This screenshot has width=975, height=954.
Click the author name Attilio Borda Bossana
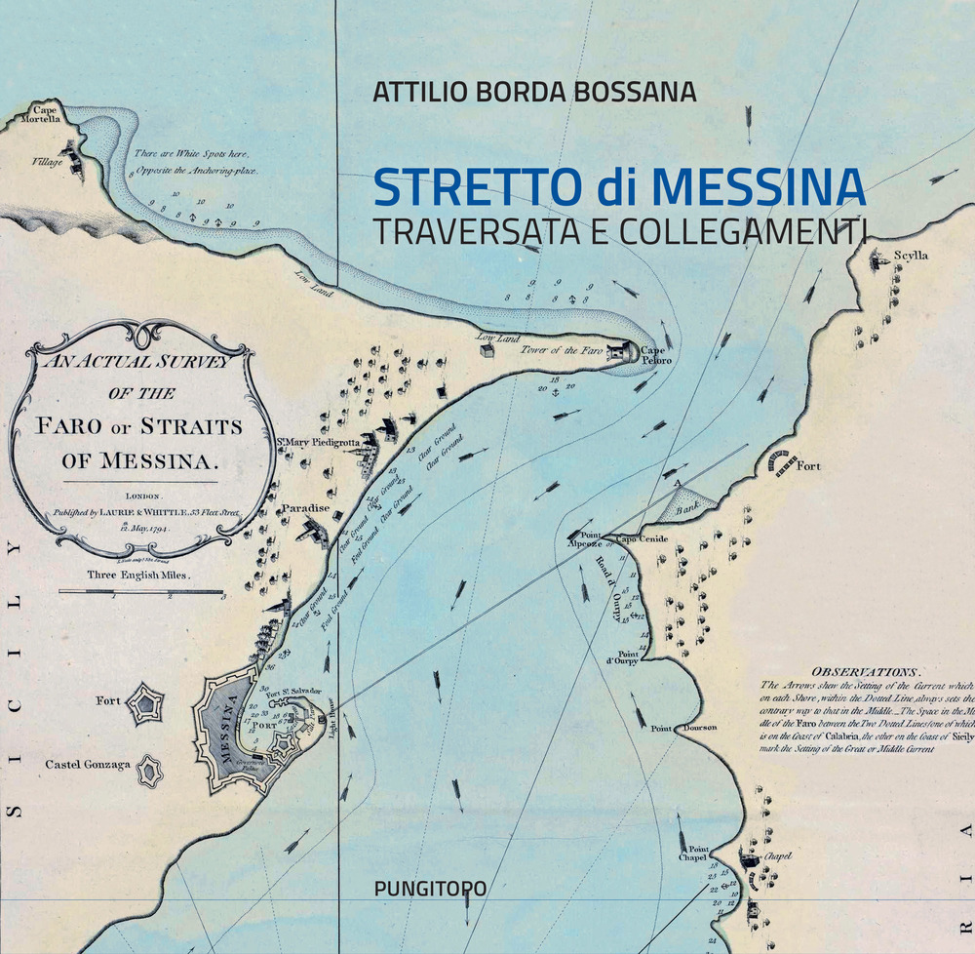pyautogui.click(x=534, y=92)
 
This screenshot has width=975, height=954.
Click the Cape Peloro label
pyautogui.click(x=656, y=355)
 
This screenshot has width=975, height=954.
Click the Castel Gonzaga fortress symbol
pyautogui.click(x=149, y=771)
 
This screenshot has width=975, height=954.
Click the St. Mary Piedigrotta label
pyautogui.click(x=318, y=442)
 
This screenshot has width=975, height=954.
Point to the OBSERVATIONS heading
pyautogui.click(x=865, y=672)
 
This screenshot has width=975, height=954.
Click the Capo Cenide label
pyautogui.click(x=640, y=538)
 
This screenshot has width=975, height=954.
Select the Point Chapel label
pyautogui.click(x=692, y=853)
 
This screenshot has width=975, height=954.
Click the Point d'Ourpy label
pyautogui.click(x=628, y=658)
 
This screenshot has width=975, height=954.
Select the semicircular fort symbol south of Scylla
pyautogui.click(x=780, y=463)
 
